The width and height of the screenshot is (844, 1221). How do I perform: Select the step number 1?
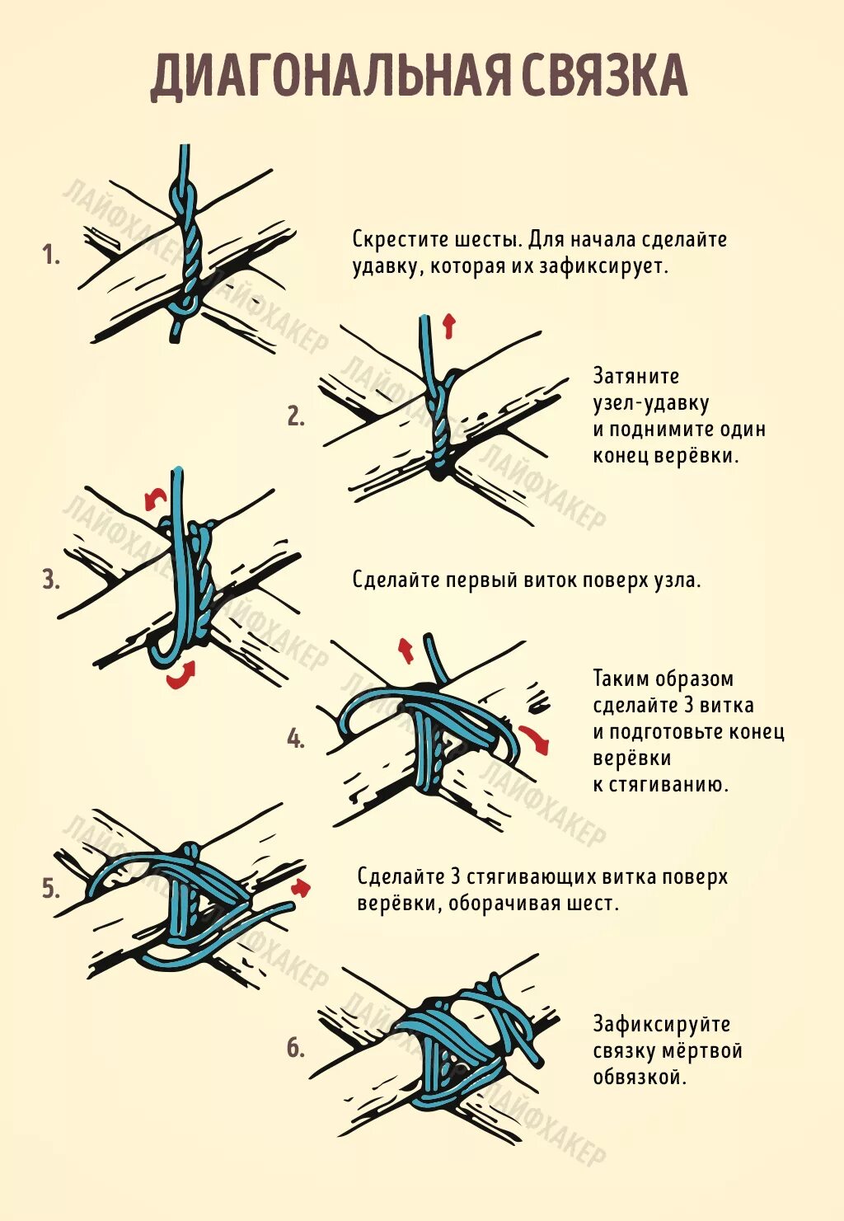coord(51,256)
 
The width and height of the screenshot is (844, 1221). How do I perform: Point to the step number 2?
coord(296,416)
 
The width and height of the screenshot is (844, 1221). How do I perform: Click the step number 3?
coord(51,580)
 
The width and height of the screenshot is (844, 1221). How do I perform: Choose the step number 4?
coord(296,739)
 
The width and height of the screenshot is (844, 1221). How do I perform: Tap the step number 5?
coord(51,889)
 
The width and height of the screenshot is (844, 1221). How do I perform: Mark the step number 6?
coord(296,1048)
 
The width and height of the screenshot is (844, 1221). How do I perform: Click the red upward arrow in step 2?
coord(448,326)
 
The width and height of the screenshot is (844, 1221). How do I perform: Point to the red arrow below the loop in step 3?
coord(181,675)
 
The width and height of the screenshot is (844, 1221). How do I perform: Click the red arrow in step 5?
coord(302,887)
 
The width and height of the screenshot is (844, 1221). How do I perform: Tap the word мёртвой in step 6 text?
coord(702,1050)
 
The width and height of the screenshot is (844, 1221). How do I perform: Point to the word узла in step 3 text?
coord(677,580)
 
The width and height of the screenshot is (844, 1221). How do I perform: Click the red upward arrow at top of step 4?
coord(406,650)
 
